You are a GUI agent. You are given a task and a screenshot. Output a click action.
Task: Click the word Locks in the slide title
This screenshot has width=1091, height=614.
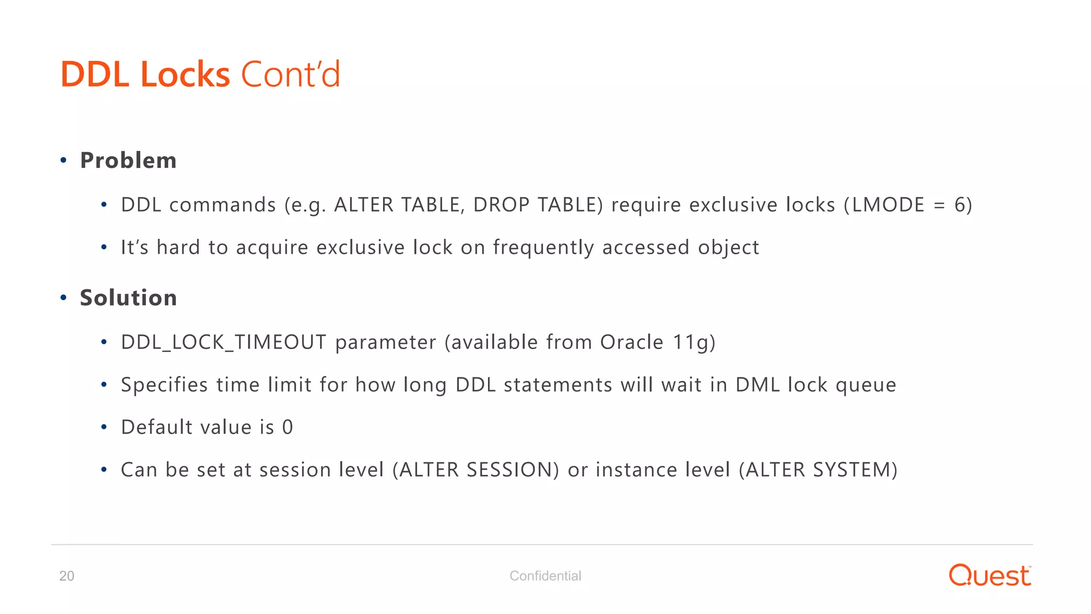click(185, 74)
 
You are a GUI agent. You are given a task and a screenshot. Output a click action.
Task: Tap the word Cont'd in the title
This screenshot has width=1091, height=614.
click(290, 74)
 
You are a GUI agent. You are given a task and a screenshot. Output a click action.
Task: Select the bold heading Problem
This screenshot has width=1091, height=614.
click(128, 160)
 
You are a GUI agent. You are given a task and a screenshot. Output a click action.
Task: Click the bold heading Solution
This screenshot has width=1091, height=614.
click(128, 297)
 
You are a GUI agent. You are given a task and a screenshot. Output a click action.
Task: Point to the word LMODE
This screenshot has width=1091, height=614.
click(888, 205)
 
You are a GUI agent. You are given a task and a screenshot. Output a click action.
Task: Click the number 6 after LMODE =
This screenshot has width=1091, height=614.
click(959, 205)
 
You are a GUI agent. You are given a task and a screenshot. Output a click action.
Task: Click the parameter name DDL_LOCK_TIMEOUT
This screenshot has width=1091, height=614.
click(224, 342)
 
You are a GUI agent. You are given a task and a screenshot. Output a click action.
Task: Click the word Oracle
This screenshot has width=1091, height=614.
click(632, 342)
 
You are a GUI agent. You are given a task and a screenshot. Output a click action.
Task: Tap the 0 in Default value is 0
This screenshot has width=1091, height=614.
click(288, 427)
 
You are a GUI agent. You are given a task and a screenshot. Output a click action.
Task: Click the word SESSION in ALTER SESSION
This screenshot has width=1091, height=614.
click(509, 470)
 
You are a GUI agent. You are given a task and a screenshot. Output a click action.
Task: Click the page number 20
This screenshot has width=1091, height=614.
click(67, 576)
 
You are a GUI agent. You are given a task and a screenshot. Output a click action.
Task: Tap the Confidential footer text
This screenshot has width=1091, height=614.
click(545, 576)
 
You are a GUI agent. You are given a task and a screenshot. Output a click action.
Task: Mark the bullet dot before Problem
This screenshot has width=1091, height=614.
click(63, 160)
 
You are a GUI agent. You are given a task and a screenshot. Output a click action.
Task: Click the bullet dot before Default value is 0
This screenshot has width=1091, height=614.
click(104, 427)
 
